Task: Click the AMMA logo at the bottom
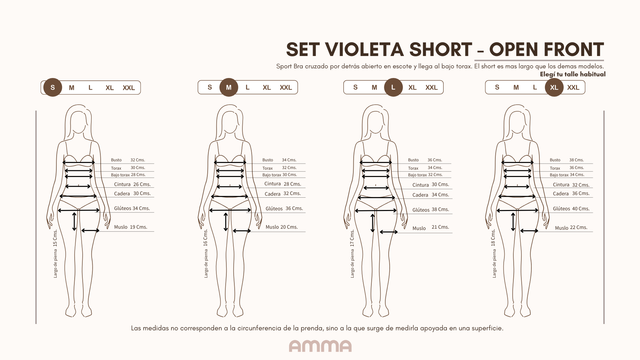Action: click(320, 346)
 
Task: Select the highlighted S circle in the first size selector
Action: click(53, 87)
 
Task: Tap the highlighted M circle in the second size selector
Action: click(229, 87)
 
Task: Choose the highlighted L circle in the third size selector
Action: click(393, 87)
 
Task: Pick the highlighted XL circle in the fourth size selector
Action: click(554, 87)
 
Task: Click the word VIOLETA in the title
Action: click(361, 50)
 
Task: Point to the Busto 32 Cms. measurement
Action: click(128, 160)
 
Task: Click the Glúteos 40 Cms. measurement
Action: click(571, 209)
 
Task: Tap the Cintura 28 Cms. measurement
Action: click(283, 184)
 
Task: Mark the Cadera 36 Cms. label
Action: click(571, 194)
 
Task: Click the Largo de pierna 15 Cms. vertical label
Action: click(55, 253)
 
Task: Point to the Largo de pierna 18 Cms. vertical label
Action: click(493, 253)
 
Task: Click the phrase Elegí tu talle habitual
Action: click(573, 74)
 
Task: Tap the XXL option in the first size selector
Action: click(129, 88)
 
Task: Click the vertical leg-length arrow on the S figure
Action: click(74, 222)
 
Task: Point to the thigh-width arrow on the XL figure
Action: click(529, 231)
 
